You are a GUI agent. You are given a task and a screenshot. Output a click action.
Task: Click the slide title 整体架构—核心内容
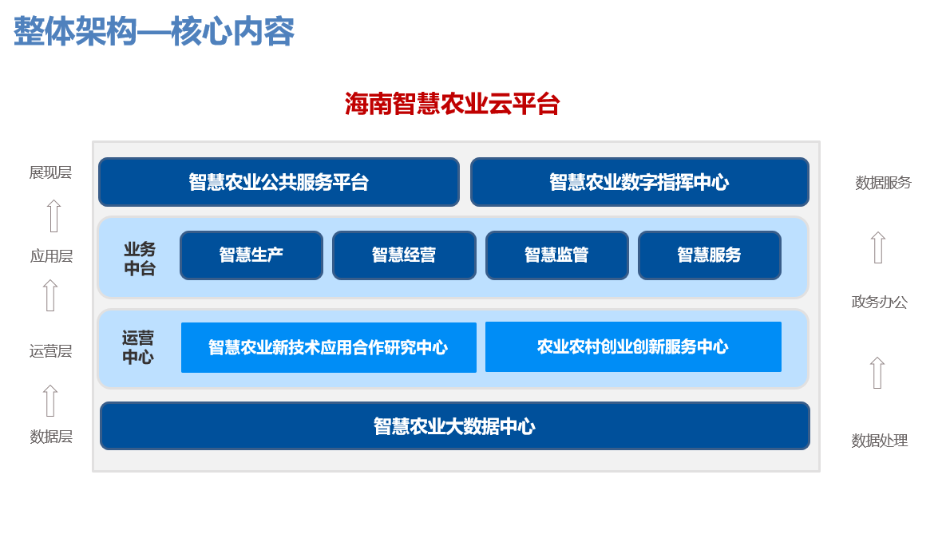tap(154, 31)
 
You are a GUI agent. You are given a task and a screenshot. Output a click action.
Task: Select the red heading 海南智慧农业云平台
tap(452, 104)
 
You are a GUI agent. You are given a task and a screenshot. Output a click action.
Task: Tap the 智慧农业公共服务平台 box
tap(279, 182)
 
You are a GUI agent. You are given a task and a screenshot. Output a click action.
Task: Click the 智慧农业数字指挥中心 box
tap(639, 182)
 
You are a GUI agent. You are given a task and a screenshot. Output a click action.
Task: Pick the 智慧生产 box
tap(251, 255)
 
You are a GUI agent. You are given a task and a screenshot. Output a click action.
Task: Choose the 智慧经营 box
tap(404, 255)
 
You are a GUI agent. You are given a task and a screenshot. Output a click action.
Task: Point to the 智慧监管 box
tap(556, 255)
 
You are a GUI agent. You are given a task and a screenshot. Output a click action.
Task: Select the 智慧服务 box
tap(710, 255)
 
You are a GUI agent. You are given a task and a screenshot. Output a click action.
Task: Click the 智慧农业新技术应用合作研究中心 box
tap(328, 347)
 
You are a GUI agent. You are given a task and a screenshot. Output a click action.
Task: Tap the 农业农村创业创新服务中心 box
tap(633, 346)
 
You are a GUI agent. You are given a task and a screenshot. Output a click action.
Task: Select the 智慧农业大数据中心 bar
tap(454, 425)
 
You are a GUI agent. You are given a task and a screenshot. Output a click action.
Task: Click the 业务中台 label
tap(140, 259)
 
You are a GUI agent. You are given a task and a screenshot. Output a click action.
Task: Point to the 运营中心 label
tap(138, 347)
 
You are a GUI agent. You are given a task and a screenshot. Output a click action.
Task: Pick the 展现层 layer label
tap(50, 172)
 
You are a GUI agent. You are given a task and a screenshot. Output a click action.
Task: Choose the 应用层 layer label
tap(52, 256)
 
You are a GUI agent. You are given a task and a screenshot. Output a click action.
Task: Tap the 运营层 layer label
tap(51, 351)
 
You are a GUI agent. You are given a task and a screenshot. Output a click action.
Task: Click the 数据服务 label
tap(884, 182)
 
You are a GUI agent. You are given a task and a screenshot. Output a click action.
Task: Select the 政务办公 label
tap(880, 302)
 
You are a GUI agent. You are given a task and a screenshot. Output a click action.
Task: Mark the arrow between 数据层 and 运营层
tap(50, 401)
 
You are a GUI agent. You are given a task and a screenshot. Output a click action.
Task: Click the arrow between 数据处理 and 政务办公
tap(877, 372)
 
